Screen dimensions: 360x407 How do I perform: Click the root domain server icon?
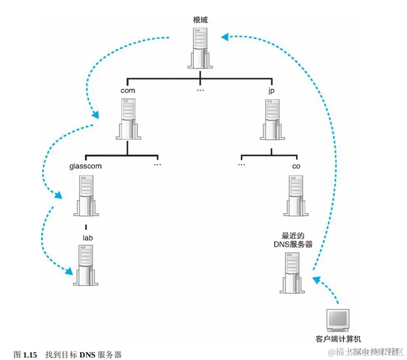click(x=200, y=48)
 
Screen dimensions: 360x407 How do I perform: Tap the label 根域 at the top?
click(x=200, y=20)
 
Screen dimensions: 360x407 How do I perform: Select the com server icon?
click(x=128, y=119)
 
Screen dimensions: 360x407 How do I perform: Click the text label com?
click(x=128, y=90)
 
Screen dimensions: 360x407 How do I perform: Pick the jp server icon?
click(x=271, y=119)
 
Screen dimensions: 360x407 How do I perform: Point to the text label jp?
click(x=271, y=91)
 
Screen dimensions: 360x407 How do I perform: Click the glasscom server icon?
click(x=85, y=195)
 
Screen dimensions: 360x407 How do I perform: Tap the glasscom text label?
click(x=85, y=166)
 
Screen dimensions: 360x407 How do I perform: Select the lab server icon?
click(x=85, y=265)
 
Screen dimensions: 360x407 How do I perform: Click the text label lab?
click(x=87, y=238)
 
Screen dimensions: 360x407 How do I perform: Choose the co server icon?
click(x=297, y=194)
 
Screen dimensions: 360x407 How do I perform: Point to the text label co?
click(x=297, y=166)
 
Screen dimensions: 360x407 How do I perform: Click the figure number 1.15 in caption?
click(x=30, y=355)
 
